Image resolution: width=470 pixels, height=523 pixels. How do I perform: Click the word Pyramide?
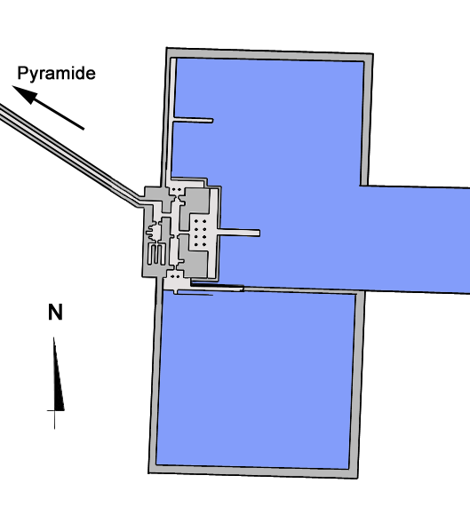pos(56,74)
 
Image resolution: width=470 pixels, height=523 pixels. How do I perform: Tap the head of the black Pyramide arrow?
pos(24,94)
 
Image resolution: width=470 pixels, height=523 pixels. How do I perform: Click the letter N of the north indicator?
pos(55,313)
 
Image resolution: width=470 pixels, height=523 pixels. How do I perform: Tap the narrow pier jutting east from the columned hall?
pos(238,232)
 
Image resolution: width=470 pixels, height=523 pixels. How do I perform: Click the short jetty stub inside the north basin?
pos(193,120)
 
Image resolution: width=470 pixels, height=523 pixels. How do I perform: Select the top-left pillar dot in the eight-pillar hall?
pos(196,221)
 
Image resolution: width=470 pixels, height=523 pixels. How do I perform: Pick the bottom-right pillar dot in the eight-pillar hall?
pos(204,245)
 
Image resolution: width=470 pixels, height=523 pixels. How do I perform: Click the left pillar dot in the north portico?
pos(173,189)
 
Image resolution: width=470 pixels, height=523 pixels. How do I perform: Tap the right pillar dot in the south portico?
pos(179,276)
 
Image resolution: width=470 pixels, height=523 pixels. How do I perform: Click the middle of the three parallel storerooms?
pos(155,255)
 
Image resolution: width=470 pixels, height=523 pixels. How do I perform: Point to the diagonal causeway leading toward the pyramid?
pos(70,155)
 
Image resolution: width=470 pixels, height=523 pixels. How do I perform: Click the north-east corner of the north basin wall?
pos(372,53)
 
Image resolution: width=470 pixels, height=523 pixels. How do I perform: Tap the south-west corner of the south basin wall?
pos(149,472)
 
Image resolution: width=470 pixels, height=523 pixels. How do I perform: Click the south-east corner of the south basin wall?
pos(357,478)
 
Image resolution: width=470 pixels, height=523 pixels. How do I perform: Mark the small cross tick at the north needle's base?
pos(55,411)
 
